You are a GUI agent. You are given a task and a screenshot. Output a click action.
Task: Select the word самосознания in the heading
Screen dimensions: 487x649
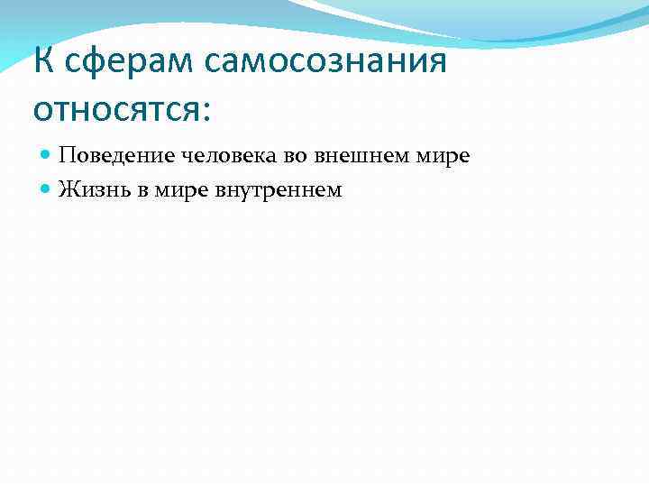tap(326, 62)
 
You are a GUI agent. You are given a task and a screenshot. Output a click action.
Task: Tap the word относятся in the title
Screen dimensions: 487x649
tap(117, 109)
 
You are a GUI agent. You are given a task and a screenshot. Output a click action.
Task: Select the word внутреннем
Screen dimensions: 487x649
tap(279, 189)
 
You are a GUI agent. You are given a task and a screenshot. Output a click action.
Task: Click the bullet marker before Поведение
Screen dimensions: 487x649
tap(46, 156)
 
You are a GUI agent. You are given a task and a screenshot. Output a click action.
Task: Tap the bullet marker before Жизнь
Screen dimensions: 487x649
tap(46, 190)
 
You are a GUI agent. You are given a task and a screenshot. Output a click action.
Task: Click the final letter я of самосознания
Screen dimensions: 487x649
tap(437, 63)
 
